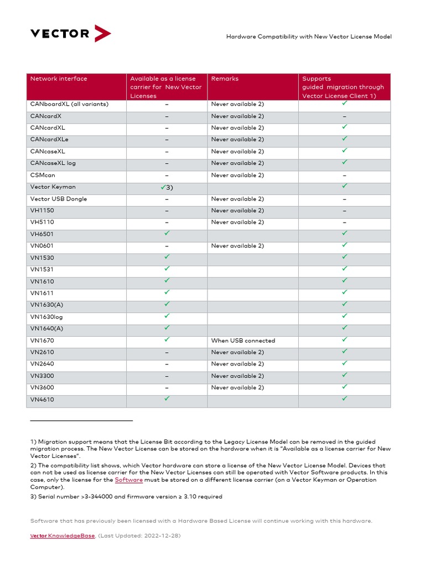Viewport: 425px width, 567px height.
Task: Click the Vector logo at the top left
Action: pyautogui.click(x=70, y=33)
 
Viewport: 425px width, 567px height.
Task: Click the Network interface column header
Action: pyautogui.click(x=59, y=79)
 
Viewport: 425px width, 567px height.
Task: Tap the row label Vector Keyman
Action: pyautogui.click(x=53, y=187)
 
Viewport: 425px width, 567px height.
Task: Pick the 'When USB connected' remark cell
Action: pyautogui.click(x=243, y=341)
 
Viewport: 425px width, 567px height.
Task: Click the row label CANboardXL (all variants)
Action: pyautogui.click(x=69, y=104)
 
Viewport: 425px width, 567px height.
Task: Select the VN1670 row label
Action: pyautogui.click(x=42, y=341)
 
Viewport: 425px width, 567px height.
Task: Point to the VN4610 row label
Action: pyautogui.click(x=42, y=400)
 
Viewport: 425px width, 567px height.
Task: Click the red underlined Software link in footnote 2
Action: pyautogui.click(x=128, y=480)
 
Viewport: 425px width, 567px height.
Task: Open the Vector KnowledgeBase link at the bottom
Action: pyautogui.click(x=62, y=536)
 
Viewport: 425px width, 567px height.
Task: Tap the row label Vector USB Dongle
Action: pyautogui.click(x=59, y=199)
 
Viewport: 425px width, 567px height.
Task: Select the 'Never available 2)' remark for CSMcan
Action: pyautogui.click(x=237, y=175)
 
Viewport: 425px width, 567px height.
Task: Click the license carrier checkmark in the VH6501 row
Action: pyautogui.click(x=167, y=234)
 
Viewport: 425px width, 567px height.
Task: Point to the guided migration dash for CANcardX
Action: pyautogui.click(x=344, y=116)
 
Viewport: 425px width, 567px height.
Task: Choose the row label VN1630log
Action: pyautogui.click(x=46, y=317)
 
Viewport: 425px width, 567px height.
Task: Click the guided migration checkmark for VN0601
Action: pyautogui.click(x=344, y=245)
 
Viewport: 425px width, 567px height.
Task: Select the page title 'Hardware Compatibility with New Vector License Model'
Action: pyautogui.click(x=309, y=37)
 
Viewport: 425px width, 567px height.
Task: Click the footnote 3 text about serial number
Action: pyautogui.click(x=126, y=497)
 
